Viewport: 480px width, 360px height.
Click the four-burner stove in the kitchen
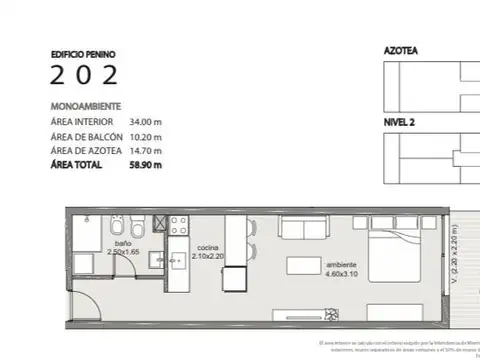177,226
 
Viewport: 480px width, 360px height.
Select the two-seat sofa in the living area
304,229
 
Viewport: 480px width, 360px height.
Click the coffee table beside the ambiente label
304,266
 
